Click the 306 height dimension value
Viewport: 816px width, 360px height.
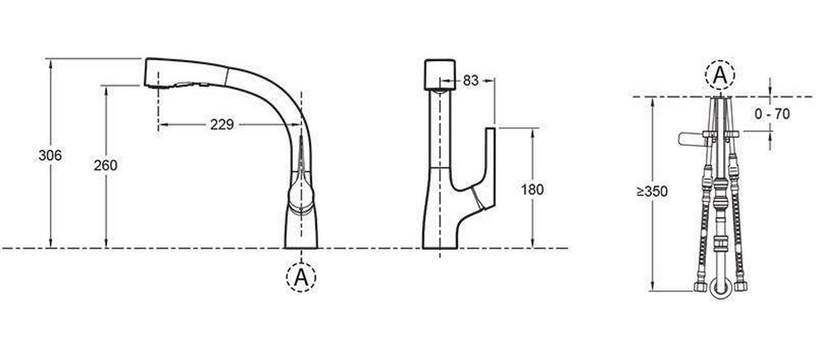50,155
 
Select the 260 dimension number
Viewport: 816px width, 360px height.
105,165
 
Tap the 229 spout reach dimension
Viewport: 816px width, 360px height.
222,124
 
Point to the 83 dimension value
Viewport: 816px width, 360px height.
470,81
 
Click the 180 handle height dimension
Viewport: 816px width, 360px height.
532,189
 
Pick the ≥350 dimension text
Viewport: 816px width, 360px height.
652,191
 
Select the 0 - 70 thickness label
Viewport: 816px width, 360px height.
772,114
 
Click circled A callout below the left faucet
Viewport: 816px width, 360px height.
301,277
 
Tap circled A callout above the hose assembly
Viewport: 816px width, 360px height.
720,75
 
